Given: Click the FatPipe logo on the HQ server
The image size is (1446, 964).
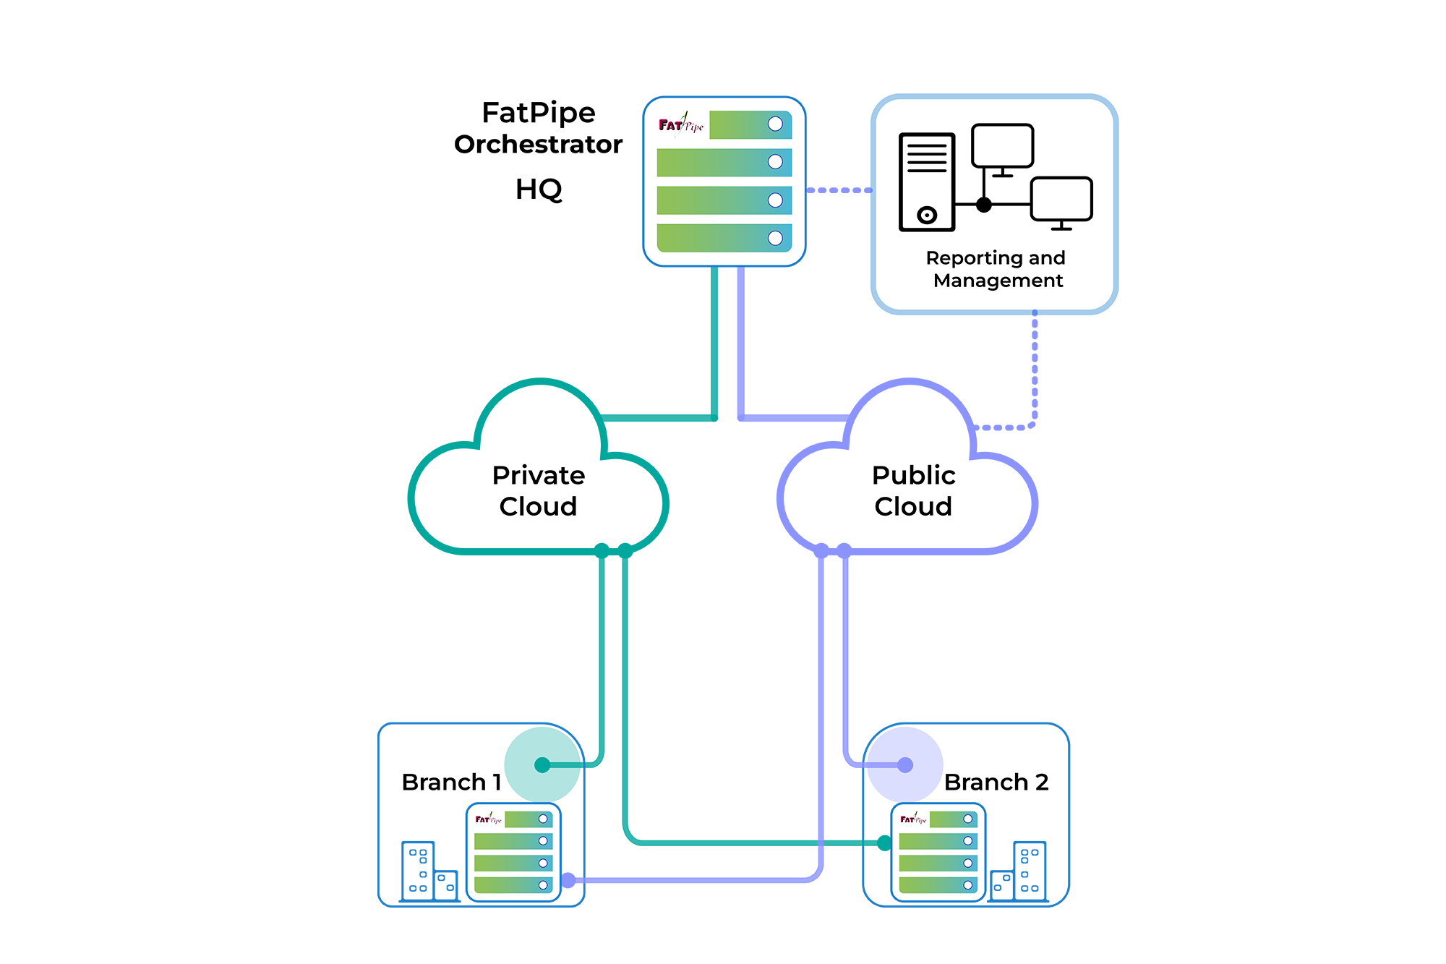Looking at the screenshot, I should click(680, 125).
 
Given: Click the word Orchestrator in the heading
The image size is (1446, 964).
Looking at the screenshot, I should click(538, 145).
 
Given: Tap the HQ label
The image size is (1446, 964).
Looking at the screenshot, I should click(538, 189).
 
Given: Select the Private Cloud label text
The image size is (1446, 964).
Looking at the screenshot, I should click(538, 490).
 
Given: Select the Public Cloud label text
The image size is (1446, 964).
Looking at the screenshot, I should click(913, 490).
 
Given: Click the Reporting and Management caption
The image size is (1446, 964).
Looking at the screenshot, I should click(996, 269).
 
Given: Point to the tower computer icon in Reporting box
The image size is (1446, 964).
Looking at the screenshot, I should click(927, 182).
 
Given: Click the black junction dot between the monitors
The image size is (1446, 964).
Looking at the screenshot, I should click(983, 205).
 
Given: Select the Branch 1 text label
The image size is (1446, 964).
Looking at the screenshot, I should click(451, 782).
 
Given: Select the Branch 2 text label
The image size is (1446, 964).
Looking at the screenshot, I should click(996, 782).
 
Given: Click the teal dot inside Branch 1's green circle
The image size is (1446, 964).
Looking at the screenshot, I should click(542, 764).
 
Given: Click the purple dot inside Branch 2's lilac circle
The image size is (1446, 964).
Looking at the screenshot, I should click(905, 764).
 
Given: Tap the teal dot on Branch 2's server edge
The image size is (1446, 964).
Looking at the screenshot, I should click(884, 843).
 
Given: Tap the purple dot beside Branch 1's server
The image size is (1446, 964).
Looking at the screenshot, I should click(568, 880).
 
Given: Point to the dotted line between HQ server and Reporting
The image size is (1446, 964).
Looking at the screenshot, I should click(839, 190).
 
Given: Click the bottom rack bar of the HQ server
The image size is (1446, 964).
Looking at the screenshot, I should click(724, 238).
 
